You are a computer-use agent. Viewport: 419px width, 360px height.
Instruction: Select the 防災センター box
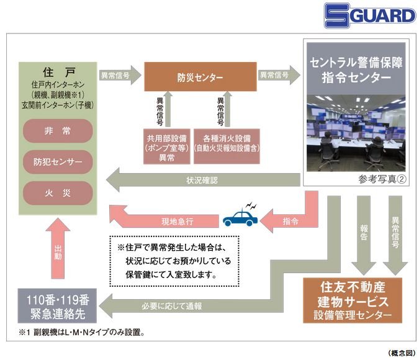click(x=200, y=77)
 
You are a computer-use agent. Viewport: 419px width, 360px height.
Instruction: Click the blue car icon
click(x=240, y=218)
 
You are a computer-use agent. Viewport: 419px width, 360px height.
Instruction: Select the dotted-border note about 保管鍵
click(x=174, y=257)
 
